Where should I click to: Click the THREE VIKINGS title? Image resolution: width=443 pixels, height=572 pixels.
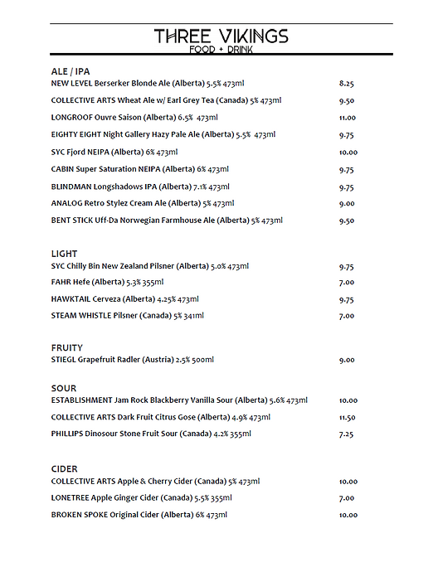[x=221, y=36]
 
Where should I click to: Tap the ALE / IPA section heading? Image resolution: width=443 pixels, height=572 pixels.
[x=71, y=72]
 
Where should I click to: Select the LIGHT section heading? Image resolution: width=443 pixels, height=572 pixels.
[x=64, y=254]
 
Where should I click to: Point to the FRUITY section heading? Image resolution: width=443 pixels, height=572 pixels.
[x=67, y=347]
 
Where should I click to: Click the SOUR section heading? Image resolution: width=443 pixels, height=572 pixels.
[x=64, y=388]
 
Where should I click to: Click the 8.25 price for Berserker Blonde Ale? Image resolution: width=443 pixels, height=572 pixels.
[x=347, y=84]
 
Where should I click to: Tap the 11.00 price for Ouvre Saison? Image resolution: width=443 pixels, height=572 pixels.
[x=348, y=118]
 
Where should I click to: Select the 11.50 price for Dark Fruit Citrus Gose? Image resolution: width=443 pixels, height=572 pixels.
[x=348, y=418]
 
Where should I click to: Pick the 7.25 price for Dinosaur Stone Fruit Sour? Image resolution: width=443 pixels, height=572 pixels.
[x=347, y=434]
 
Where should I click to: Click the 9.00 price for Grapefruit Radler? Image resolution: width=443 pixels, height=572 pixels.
[x=347, y=360]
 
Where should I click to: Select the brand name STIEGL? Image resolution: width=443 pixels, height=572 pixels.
[x=64, y=360]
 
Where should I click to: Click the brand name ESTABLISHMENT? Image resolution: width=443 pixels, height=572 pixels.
[x=80, y=400]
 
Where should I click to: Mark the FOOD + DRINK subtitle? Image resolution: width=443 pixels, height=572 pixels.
[x=221, y=50]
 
